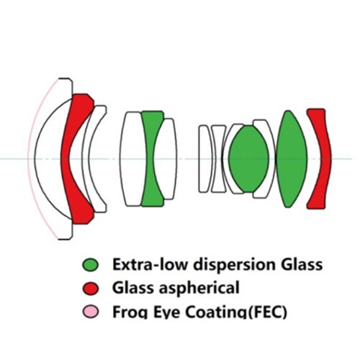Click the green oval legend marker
point(90,265)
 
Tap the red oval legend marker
point(91,288)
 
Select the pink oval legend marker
point(91,312)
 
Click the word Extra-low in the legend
point(150,264)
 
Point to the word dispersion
point(235,265)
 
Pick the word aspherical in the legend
point(199,288)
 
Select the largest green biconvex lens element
point(292,158)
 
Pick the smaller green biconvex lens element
point(249,158)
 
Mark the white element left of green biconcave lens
point(131,158)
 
